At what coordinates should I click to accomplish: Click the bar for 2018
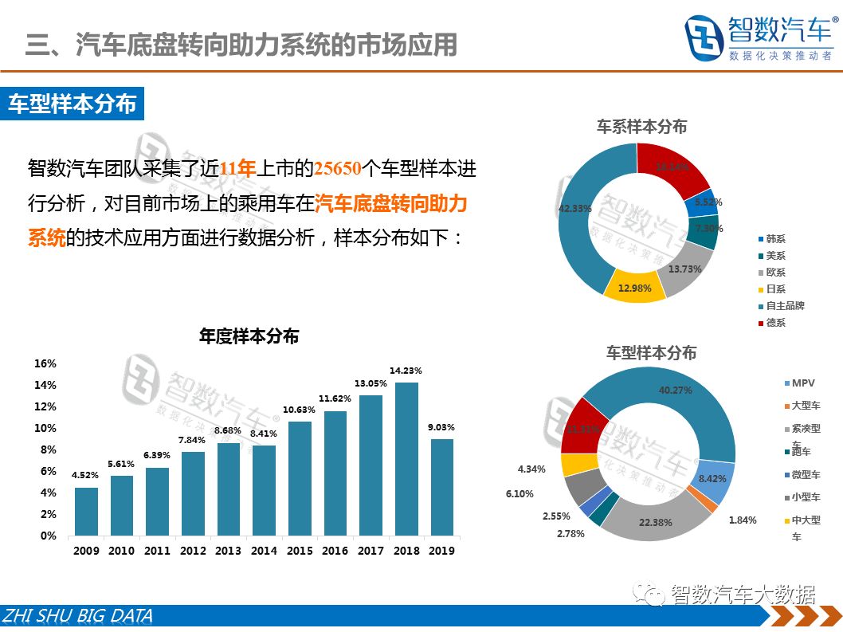coord(406,459)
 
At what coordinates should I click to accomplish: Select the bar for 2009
coord(86,511)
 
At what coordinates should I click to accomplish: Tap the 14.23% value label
coord(406,371)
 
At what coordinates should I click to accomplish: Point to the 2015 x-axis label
coord(299,551)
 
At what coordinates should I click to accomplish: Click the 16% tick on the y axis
coord(45,363)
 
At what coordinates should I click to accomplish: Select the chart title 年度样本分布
coord(249,336)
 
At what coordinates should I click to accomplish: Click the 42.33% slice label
coord(574,209)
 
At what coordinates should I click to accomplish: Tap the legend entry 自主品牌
coord(785,305)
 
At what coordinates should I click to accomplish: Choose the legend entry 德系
coord(774,323)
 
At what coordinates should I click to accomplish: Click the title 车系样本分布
coord(641,126)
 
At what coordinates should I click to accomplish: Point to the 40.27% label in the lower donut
coord(675,391)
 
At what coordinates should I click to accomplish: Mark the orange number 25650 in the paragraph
coord(337,168)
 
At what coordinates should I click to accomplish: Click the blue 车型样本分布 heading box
coord(73,104)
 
